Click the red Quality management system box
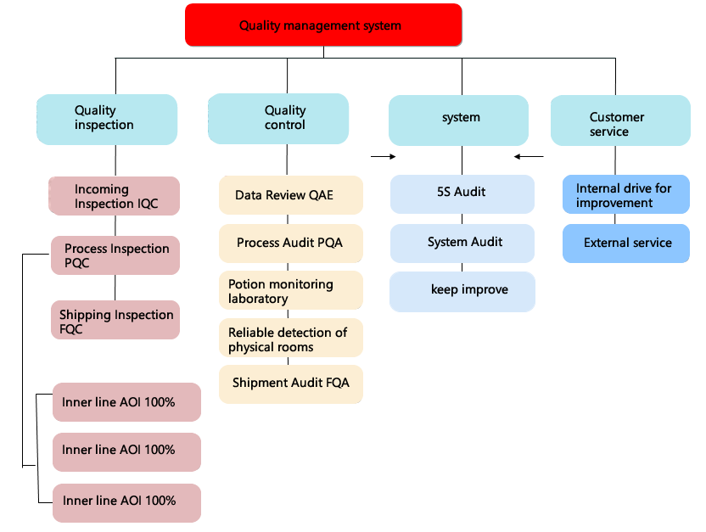(323, 25)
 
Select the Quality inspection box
(107, 120)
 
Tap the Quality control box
(278, 119)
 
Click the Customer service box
(620, 120)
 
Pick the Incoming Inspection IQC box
(115, 196)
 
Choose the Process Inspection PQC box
(115, 255)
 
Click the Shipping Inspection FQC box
(115, 320)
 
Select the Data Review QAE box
(291, 195)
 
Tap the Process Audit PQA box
(291, 243)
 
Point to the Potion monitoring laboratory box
(291, 290)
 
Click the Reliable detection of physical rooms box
(291, 338)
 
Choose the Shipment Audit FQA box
(291, 384)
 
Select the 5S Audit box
(462, 194)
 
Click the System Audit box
(462, 243)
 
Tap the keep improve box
(462, 291)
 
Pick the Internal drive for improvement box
(626, 194)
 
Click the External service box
(626, 243)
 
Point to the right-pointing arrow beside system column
(384, 157)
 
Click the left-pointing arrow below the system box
(529, 157)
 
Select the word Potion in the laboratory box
(247, 284)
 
